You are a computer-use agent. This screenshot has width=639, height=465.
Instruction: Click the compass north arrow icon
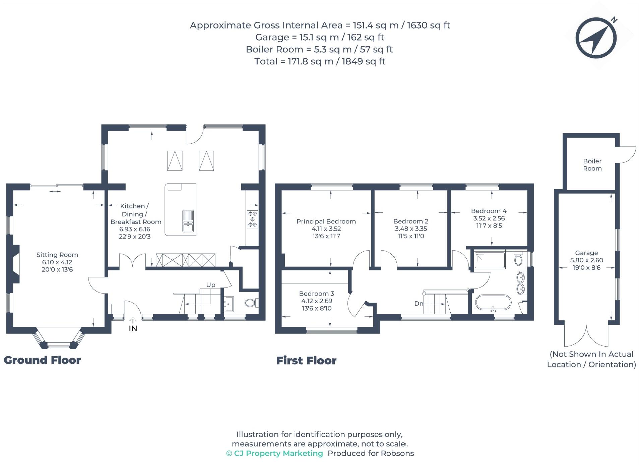coord(596,38)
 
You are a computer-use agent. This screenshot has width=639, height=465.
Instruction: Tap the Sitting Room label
coord(57,255)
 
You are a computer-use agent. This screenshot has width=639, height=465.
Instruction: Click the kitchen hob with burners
coord(252,219)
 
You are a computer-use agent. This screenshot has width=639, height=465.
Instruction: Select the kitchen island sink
coord(188,221)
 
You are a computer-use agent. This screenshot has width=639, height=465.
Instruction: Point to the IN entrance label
coord(133,328)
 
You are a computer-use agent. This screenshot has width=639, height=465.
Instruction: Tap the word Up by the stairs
coord(210,285)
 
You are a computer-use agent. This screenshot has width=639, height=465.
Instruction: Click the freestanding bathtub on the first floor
coord(493,303)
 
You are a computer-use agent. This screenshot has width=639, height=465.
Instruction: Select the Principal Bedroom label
coord(326,221)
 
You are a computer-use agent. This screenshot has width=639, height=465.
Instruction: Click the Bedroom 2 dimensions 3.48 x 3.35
coord(410,228)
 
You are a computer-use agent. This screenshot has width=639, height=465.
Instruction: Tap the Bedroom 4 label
coord(489,211)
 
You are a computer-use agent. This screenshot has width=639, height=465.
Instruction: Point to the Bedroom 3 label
coord(316,294)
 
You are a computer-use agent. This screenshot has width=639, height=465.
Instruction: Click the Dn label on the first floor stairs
coord(419,303)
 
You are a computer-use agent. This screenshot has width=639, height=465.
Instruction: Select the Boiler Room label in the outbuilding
coord(592,165)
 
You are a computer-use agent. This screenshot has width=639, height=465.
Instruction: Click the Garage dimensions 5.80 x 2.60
coord(586,260)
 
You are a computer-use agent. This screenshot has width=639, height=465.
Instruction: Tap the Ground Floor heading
coord(42,360)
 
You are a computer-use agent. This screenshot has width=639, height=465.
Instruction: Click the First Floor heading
coord(306,361)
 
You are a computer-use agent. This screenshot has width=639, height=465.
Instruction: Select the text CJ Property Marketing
coord(278,453)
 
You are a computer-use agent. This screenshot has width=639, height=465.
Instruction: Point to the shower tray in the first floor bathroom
coord(489,260)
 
